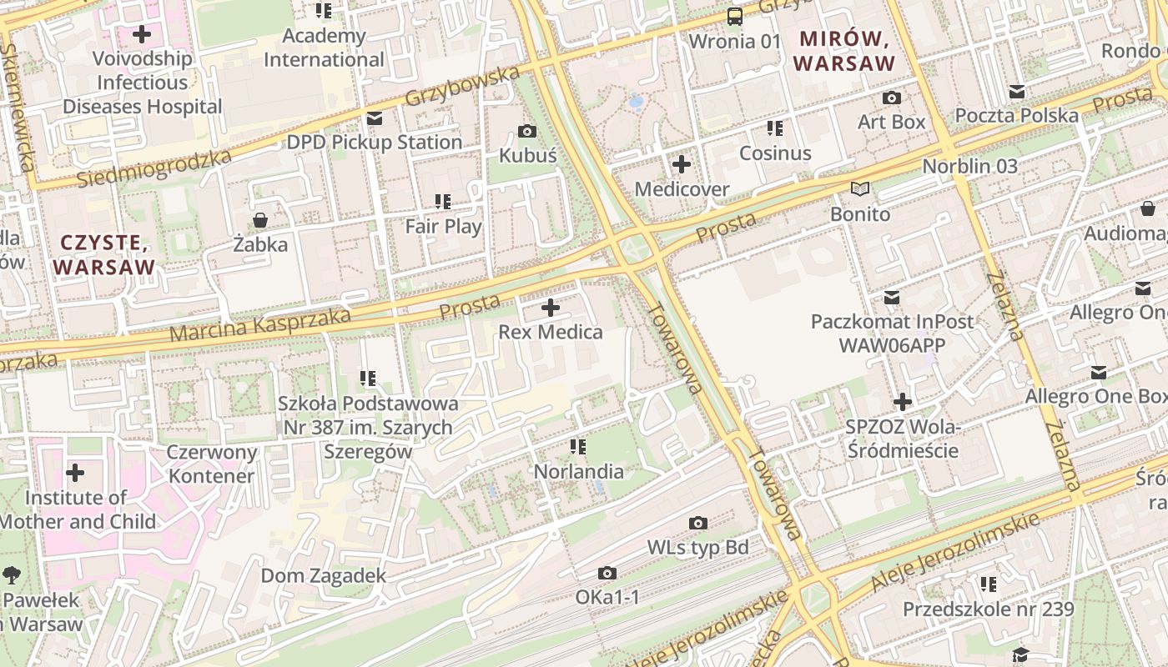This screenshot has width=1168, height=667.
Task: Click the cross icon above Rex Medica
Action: pyautogui.click(x=551, y=308)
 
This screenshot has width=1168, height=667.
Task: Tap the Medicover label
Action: pyautogui.click(x=682, y=189)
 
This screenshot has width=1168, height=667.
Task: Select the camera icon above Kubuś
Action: pyautogui.click(x=527, y=132)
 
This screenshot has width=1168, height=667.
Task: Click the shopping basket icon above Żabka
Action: pyautogui.click(x=260, y=220)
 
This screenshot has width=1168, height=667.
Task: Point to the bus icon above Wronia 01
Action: pyautogui.click(x=735, y=16)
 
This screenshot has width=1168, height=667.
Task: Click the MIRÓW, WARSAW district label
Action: pyautogui.click(x=843, y=50)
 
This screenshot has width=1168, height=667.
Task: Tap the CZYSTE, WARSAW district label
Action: pyautogui.click(x=103, y=255)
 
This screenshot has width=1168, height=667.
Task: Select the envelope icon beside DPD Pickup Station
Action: pyautogui.click(x=374, y=118)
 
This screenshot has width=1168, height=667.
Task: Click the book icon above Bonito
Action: pyautogui.click(x=860, y=189)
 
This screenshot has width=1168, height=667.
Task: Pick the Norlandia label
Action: pyautogui.click(x=578, y=472)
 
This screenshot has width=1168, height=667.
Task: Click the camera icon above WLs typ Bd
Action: pyautogui.click(x=698, y=523)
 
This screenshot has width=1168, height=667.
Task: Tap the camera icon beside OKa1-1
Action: pyautogui.click(x=607, y=573)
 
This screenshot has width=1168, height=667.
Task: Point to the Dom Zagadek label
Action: pyautogui.click(x=324, y=576)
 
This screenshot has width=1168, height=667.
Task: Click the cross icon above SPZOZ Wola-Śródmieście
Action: pyautogui.click(x=902, y=403)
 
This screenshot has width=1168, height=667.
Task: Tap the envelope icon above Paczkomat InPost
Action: pyautogui.click(x=892, y=297)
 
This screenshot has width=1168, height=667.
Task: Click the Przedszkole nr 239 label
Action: pyautogui.click(x=989, y=609)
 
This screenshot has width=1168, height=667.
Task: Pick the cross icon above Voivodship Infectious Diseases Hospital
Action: pyautogui.click(x=142, y=34)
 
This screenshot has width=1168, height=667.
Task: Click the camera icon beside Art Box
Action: pyautogui.click(x=891, y=98)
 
